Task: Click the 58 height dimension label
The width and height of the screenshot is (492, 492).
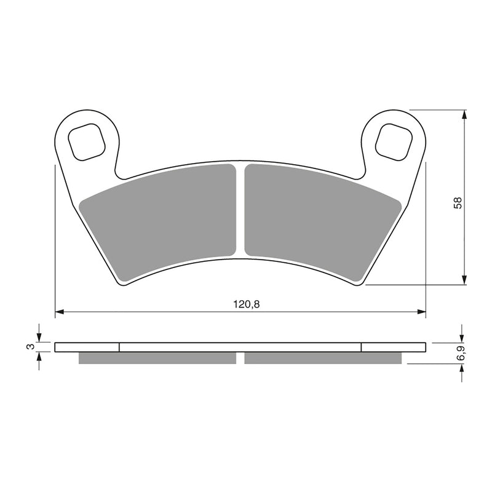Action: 458,202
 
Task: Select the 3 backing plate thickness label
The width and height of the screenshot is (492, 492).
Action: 29,347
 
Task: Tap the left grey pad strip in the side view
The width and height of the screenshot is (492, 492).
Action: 157,358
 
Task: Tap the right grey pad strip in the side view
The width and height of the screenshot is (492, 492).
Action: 322,358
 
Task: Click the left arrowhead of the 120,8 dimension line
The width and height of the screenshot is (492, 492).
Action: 60,312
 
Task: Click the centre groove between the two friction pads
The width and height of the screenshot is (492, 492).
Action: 240,209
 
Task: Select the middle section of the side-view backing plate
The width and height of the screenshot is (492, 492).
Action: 240,347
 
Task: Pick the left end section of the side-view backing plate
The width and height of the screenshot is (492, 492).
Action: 87,347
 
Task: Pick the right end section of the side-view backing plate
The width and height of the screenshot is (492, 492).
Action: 393,347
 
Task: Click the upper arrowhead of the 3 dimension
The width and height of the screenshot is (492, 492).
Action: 39,338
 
